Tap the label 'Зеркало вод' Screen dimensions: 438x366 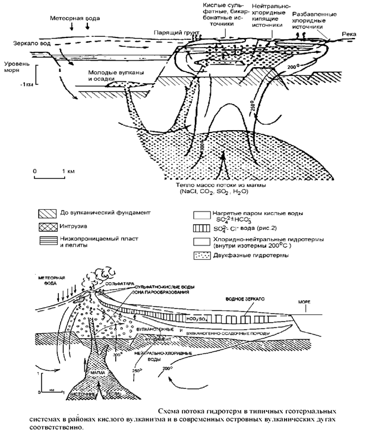[x=31, y=44]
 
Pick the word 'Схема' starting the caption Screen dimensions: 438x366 [x=171, y=411]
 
